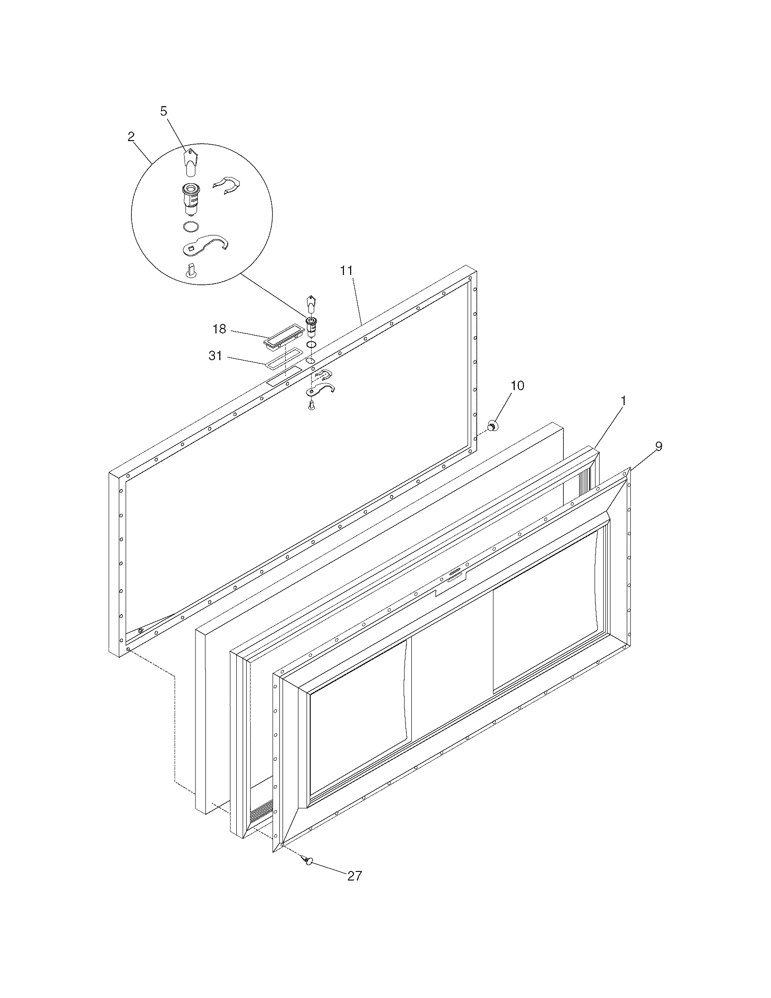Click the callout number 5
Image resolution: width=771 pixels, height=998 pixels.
tap(164, 111)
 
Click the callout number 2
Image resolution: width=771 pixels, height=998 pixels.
tap(131, 137)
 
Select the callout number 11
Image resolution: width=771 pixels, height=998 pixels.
tap(346, 270)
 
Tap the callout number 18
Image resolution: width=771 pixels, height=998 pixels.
tap(219, 328)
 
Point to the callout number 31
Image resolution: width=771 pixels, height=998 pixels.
tap(215, 356)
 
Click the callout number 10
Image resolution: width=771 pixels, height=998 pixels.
tap(517, 385)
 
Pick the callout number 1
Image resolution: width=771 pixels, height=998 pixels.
tap(623, 401)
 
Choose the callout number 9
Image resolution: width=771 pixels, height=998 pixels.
tap(658, 446)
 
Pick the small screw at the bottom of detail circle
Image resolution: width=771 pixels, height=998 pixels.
tap(190, 270)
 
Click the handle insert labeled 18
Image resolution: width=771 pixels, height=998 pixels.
tap(283, 337)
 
